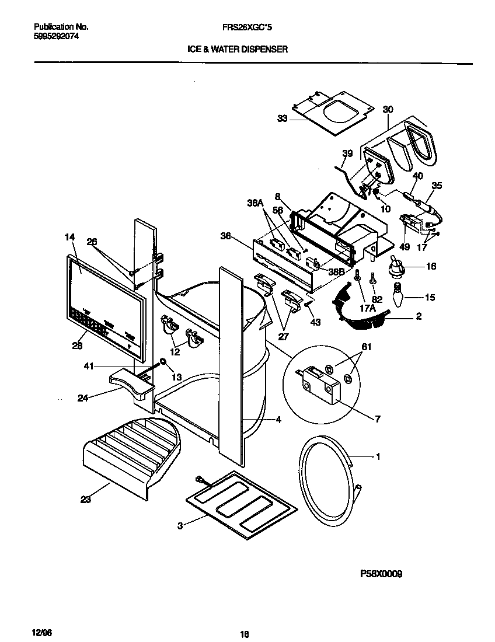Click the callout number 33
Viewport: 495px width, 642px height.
coord(282,118)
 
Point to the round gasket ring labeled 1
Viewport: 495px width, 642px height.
coord(327,479)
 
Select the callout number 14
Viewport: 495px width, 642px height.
coord(70,238)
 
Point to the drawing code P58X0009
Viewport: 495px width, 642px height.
coord(381,574)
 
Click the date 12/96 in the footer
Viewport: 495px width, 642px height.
coord(36,633)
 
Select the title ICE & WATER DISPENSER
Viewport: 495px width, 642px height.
coord(237,50)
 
